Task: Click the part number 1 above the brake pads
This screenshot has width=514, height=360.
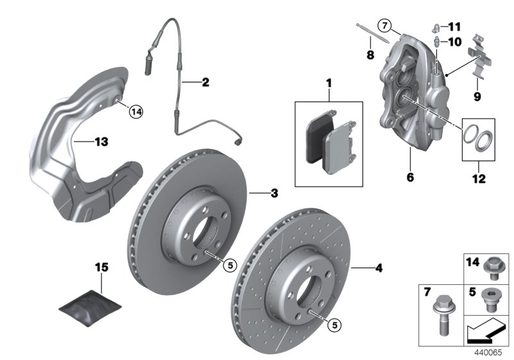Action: click(329, 83)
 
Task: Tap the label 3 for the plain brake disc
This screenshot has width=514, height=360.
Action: click(274, 193)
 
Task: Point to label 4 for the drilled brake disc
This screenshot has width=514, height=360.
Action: click(378, 268)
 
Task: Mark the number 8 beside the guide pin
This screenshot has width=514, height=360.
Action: click(370, 56)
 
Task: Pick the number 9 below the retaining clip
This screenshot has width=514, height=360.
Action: click(477, 97)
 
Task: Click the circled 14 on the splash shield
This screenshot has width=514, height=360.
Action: click(135, 112)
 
